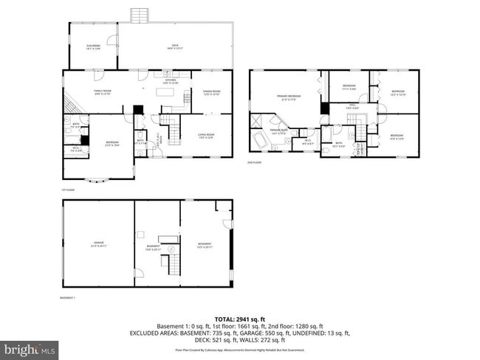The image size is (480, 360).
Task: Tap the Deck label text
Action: click(x=175, y=47)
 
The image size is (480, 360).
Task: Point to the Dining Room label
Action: click(x=212, y=92)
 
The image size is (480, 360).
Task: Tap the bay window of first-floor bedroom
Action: click(x=96, y=180)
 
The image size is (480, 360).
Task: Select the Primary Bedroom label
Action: click(x=287, y=97)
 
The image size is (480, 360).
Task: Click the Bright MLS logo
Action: click(x=30, y=347)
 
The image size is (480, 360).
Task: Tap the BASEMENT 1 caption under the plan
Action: click(x=69, y=298)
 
